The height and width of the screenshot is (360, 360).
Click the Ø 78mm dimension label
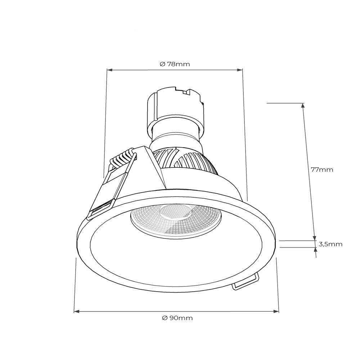click(x=175, y=64)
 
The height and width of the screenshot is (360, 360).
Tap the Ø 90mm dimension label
click(x=177, y=318)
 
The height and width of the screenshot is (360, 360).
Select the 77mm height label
click(x=322, y=170)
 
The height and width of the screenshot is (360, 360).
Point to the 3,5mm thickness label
click(x=330, y=244)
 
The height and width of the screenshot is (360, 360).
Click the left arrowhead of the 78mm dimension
click(x=109, y=70)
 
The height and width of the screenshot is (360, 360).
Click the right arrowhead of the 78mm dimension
click(x=240, y=70)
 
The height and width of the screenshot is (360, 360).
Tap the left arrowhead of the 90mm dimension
click(x=76, y=311)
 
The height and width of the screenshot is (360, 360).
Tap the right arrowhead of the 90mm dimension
click(x=276, y=311)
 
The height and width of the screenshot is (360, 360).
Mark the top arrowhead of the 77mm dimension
click(x=303, y=106)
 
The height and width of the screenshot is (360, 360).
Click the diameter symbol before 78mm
click(x=162, y=64)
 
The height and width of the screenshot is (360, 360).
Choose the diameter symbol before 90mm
click(x=165, y=318)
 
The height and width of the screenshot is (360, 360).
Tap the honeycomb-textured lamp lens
click(x=176, y=218)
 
